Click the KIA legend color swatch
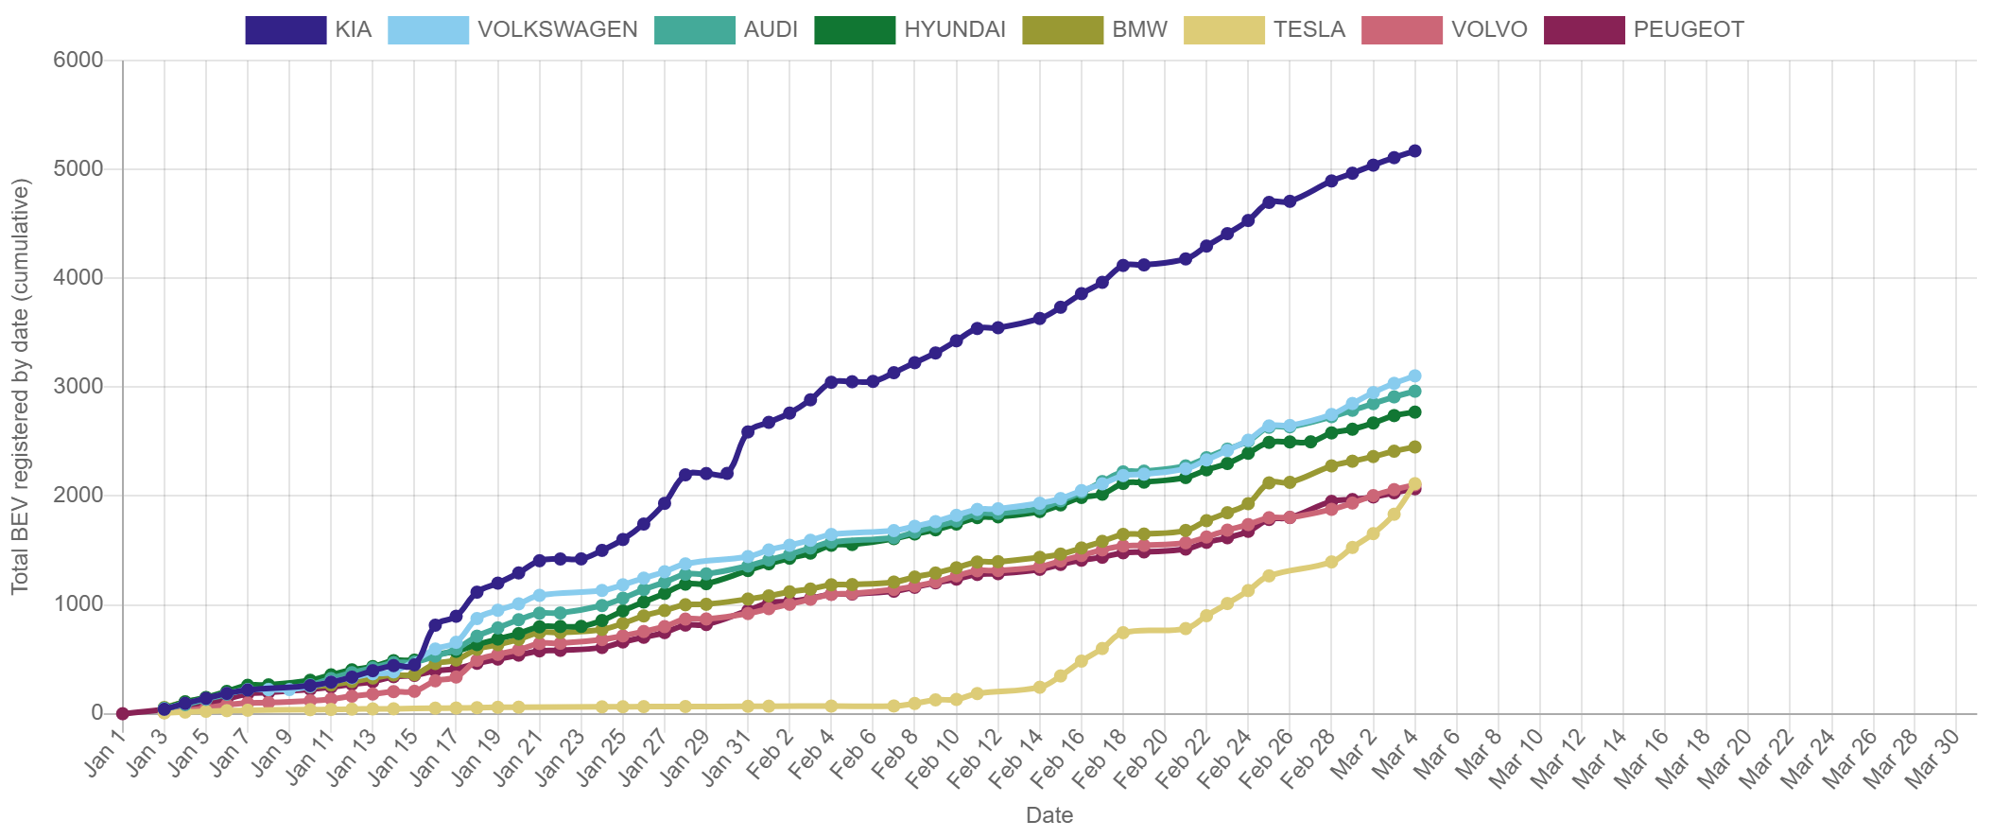point(285,30)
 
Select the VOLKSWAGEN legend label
point(557,30)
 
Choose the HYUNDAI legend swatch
point(854,30)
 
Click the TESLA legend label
point(1308,30)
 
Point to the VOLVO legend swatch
point(1402,30)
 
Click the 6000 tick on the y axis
point(78,61)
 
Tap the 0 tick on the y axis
point(96,712)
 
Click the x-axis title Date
point(1049,815)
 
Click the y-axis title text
point(21,386)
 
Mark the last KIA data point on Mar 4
point(1414,150)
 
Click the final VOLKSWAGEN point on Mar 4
point(1414,375)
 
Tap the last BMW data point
point(1414,446)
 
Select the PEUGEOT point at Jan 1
point(122,713)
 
